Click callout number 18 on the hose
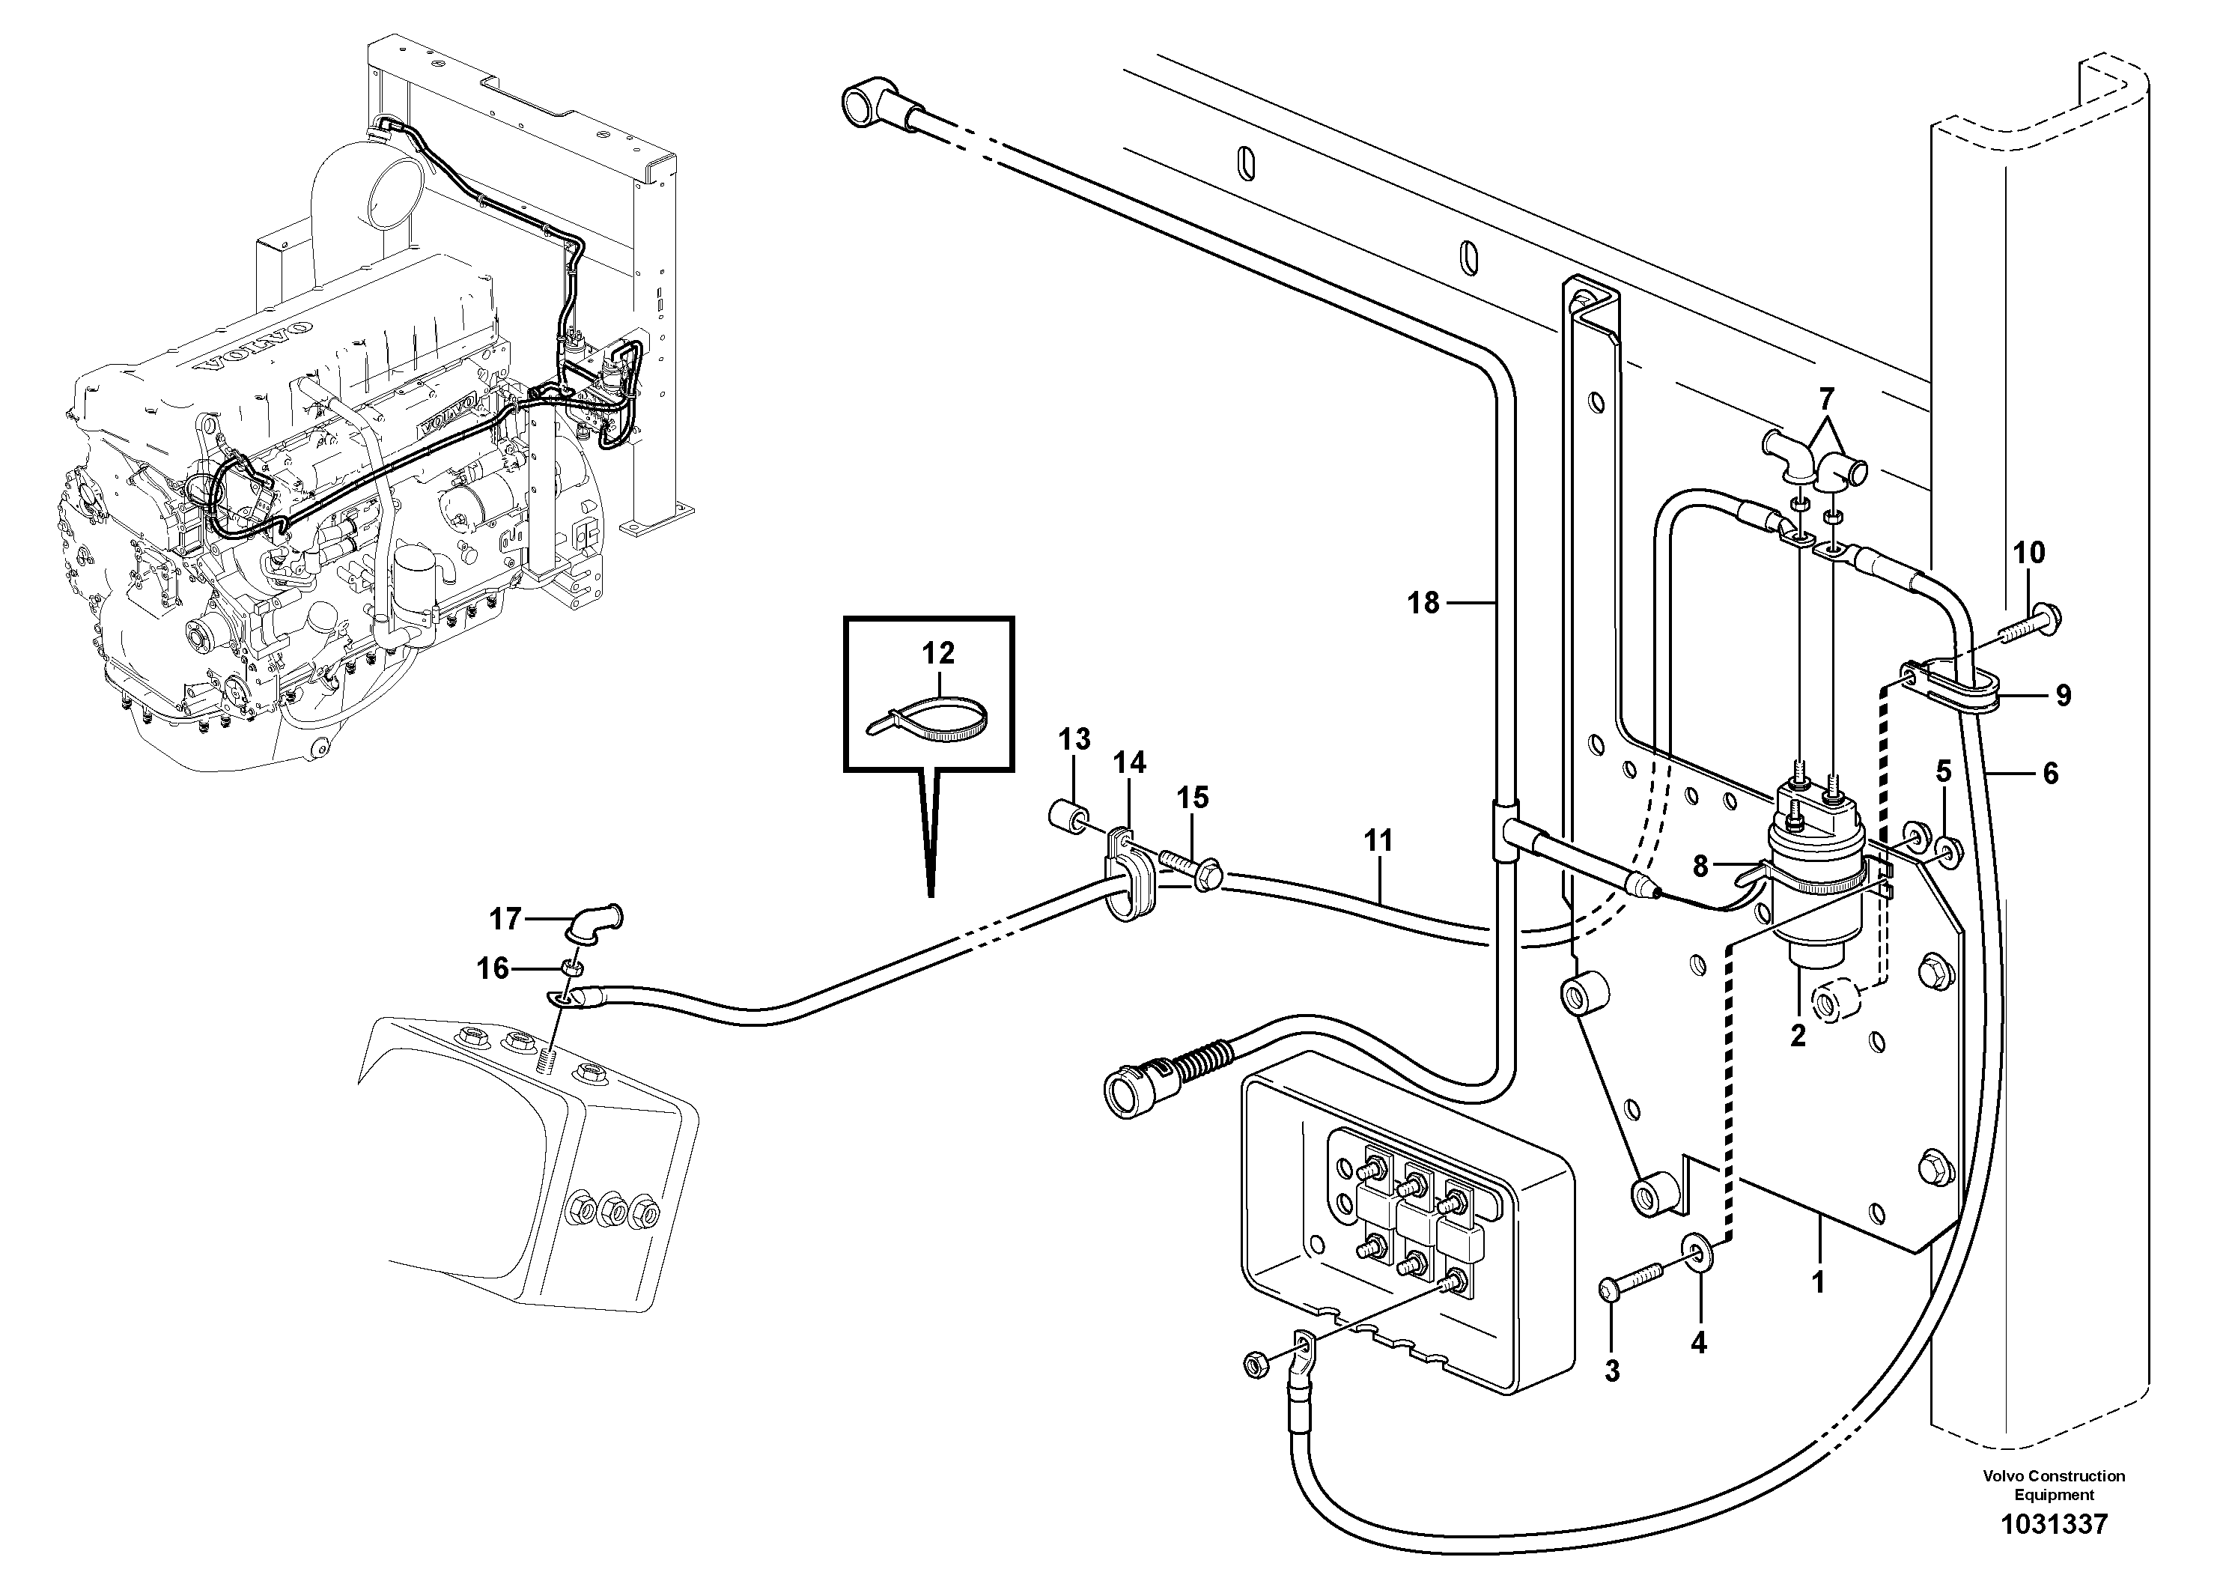pos(1423,603)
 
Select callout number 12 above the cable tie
pos(938,652)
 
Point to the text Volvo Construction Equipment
pos(2053,1484)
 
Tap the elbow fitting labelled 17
pos(599,920)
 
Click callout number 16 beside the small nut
pos(493,968)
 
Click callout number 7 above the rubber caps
pos(1826,399)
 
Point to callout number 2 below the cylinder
pos(1797,1035)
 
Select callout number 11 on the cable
pos(1378,841)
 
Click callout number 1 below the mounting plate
pos(1819,1281)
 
